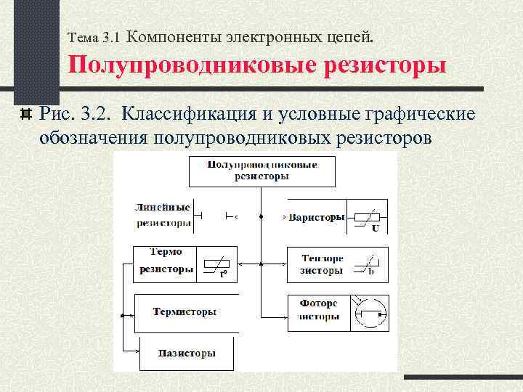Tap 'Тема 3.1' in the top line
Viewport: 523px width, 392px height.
(97, 36)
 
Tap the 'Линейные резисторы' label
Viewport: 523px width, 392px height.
(163, 215)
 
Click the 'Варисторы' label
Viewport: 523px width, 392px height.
(316, 217)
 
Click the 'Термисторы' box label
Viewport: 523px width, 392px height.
(185, 312)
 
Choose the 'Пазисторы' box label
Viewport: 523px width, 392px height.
(186, 354)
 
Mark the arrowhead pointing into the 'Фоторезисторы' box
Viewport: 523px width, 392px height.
(284, 314)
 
